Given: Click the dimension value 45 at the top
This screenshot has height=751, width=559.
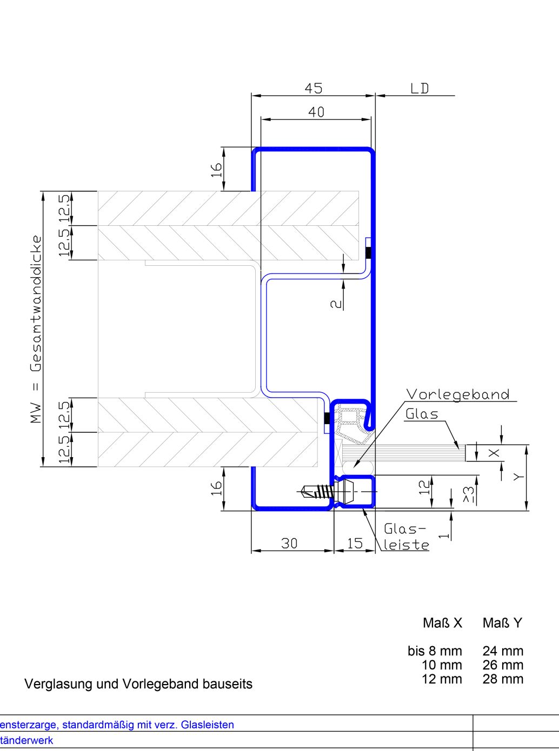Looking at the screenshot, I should click(314, 88).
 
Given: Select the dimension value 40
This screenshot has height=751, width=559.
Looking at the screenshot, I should click(316, 112).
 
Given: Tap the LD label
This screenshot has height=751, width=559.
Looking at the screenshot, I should click(420, 89).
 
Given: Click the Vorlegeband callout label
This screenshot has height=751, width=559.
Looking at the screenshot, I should click(458, 394).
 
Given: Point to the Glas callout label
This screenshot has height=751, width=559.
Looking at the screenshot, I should click(422, 414).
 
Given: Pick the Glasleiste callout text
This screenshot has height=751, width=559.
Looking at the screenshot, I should click(406, 537).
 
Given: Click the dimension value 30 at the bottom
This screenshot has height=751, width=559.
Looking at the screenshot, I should click(289, 543).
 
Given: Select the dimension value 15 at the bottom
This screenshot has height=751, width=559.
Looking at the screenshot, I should click(355, 543).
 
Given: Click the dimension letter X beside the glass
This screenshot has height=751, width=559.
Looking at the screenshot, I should click(494, 453).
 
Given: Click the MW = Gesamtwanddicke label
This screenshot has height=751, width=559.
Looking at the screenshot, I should click(36, 329).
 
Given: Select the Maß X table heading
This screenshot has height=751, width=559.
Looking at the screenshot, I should click(442, 623).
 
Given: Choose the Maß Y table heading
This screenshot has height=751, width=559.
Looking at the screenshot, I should click(502, 623).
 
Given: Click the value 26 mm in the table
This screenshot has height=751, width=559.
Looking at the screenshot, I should click(503, 665).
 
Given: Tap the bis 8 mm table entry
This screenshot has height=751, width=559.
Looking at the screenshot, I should click(435, 651).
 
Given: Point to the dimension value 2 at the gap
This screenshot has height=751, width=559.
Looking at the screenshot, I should click(336, 304).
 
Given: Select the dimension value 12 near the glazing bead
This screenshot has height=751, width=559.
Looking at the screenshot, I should click(425, 487).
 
